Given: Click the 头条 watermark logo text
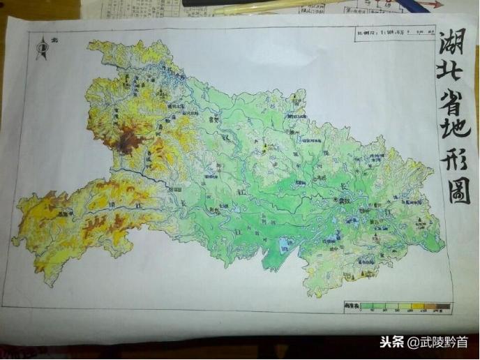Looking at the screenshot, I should point(393,343).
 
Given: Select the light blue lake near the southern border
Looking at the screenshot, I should point(284,246).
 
